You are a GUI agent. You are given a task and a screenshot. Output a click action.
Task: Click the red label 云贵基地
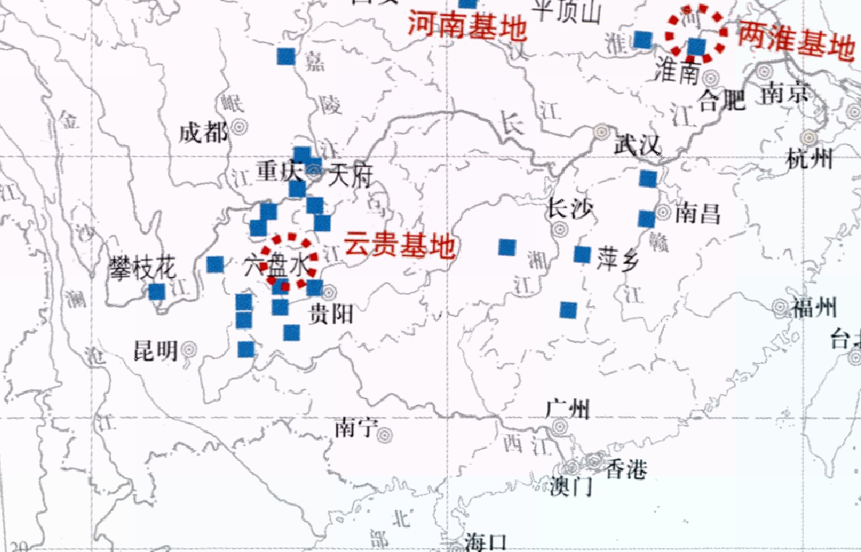tap(399, 247)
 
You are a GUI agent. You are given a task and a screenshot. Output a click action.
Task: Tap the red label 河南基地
tap(466, 28)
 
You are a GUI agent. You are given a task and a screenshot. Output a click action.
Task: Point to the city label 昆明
tap(156, 351)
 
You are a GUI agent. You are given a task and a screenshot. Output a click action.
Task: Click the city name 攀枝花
tap(142, 269)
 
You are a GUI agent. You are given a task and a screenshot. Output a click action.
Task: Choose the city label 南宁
tap(355, 427)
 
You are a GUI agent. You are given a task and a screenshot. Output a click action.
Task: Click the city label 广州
tap(568, 408)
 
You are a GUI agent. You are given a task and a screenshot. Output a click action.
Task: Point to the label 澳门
tap(571, 487)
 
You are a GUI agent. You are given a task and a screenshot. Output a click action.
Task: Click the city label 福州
tap(814, 307)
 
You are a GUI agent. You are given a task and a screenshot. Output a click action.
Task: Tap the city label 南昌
tap(698, 212)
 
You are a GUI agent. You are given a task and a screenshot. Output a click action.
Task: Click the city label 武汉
tap(638, 145)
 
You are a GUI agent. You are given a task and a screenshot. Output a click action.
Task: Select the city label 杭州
tap(810, 160)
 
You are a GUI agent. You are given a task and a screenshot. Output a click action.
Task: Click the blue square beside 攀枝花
tap(156, 292)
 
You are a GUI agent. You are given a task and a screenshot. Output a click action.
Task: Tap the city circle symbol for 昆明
tap(189, 351)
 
